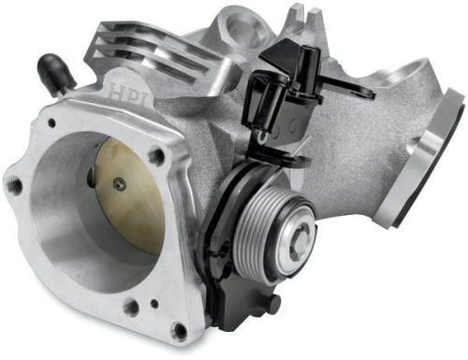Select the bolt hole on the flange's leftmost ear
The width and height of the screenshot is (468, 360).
[16, 187]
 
